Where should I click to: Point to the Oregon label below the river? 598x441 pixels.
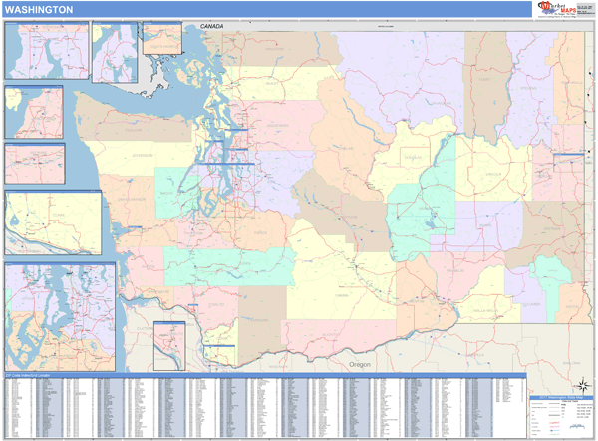tap(360, 365)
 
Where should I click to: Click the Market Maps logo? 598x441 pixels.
tap(563, 9)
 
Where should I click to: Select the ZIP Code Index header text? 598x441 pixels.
tap(28, 375)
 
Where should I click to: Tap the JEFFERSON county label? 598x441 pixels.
tap(143, 156)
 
